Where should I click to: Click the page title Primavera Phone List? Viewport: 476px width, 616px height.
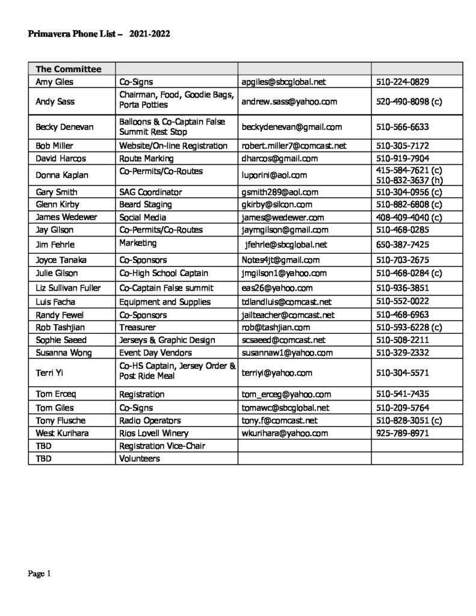point(99,34)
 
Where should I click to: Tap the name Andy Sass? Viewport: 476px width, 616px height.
point(55,102)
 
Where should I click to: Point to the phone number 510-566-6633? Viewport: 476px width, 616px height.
point(402,127)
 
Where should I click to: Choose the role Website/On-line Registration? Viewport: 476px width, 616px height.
point(173,146)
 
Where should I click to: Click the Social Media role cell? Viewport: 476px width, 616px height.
point(143,217)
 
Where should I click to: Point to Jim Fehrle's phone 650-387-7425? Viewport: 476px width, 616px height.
point(402,244)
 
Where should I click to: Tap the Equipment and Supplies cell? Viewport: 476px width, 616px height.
point(165,301)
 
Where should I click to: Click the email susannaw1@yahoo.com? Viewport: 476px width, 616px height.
point(287,353)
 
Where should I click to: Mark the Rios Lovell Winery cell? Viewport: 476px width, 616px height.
point(153,433)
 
